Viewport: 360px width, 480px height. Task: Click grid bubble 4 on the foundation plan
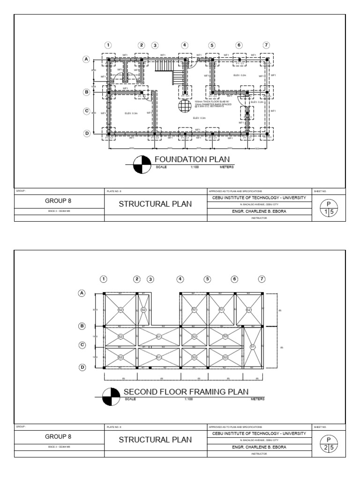point(185,45)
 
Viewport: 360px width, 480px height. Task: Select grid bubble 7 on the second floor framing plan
point(262,278)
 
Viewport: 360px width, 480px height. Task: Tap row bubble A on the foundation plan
point(86,59)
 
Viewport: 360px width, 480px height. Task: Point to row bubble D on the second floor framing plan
point(82,367)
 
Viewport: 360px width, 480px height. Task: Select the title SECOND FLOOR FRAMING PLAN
point(186,392)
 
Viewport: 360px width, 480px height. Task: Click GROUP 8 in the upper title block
point(58,201)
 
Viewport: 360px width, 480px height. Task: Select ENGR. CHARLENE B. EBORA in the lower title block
point(259,447)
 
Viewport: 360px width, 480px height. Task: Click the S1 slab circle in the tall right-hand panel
point(253,347)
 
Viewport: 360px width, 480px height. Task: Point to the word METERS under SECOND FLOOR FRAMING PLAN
point(257,399)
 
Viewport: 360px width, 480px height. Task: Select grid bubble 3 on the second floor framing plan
point(150,278)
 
